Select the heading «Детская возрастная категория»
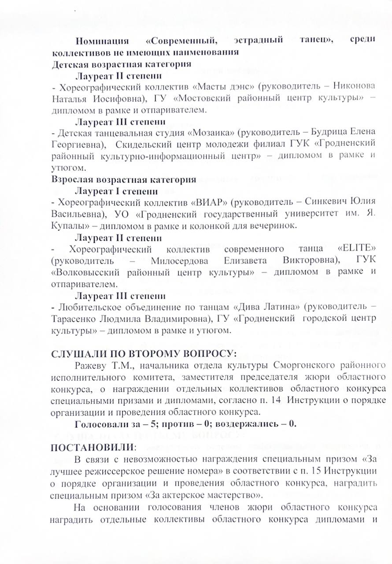click(121, 64)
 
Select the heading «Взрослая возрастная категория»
click(124, 180)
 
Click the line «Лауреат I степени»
click(116, 192)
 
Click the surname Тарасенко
click(75, 318)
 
